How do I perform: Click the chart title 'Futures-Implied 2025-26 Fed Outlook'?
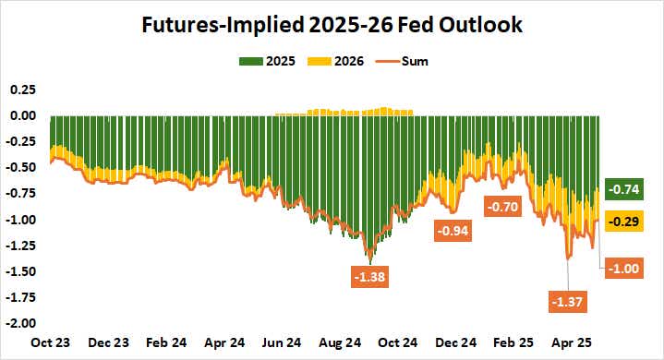(332, 25)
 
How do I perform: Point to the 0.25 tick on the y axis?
(21, 90)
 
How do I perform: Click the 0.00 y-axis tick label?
(21, 115)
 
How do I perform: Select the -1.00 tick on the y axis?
(19, 220)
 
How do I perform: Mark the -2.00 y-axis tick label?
(19, 323)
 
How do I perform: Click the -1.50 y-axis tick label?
(19, 271)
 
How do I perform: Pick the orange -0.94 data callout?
(453, 231)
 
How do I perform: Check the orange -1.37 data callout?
(566, 301)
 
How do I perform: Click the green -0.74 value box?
(625, 189)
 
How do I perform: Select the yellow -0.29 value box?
(625, 222)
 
